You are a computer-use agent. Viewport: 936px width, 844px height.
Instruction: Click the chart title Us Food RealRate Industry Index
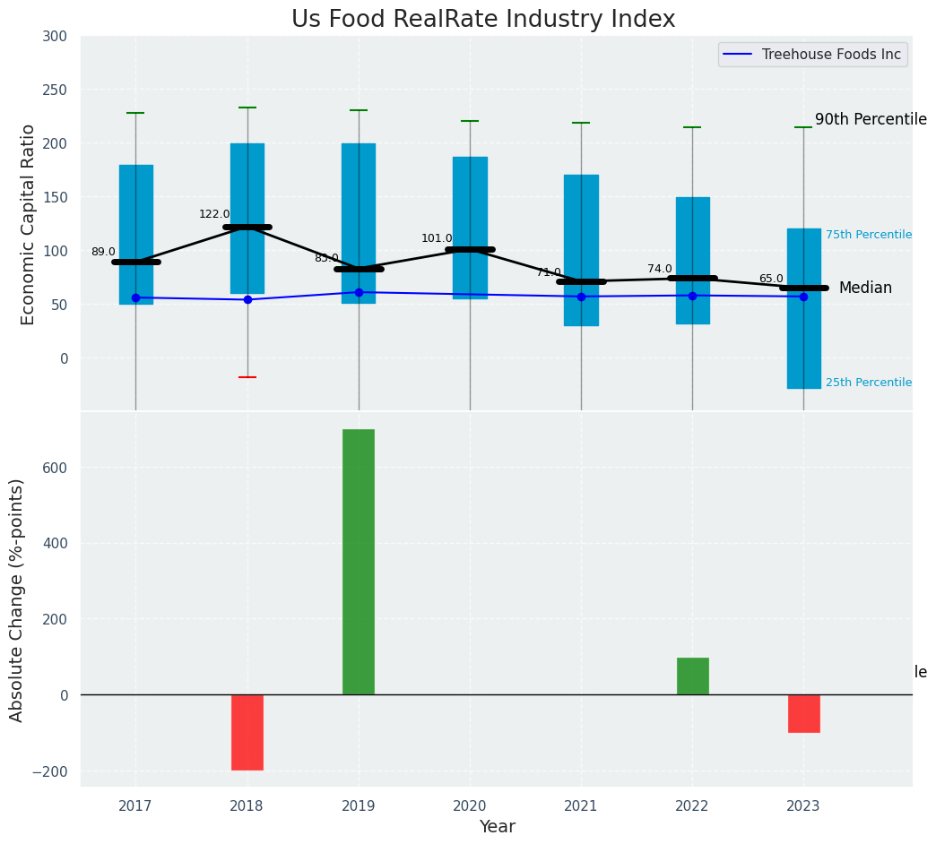(x=483, y=20)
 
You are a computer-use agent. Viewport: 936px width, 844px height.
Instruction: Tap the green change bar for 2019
(x=359, y=562)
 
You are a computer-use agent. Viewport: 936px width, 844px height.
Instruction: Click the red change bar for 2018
(x=247, y=732)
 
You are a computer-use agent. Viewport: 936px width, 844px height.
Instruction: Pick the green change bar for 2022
(x=692, y=676)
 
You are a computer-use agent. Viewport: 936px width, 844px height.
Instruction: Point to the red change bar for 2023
(x=803, y=713)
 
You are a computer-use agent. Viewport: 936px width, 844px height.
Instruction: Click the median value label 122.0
(x=214, y=215)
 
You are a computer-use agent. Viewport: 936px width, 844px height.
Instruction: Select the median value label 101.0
(x=437, y=239)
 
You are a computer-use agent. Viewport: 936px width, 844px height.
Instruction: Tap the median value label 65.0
(x=771, y=280)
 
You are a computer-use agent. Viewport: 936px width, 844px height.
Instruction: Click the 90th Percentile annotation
(x=871, y=120)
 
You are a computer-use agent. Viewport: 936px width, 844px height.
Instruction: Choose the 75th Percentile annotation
(x=869, y=235)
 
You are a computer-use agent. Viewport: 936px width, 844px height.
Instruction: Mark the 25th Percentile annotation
(x=869, y=383)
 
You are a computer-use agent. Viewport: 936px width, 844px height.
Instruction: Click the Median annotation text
(x=865, y=289)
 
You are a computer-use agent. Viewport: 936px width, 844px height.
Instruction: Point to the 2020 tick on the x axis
(x=470, y=807)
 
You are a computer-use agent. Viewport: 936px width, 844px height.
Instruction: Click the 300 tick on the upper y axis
(x=55, y=37)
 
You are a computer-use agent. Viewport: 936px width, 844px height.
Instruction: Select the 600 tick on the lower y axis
(x=53, y=468)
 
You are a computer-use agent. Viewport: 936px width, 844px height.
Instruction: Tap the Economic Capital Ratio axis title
(x=29, y=224)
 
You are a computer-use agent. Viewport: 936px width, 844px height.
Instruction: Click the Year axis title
(x=497, y=827)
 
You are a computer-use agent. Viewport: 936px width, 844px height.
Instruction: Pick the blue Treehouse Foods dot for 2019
(x=359, y=292)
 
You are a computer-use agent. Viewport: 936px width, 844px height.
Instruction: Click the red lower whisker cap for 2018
(x=247, y=377)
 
